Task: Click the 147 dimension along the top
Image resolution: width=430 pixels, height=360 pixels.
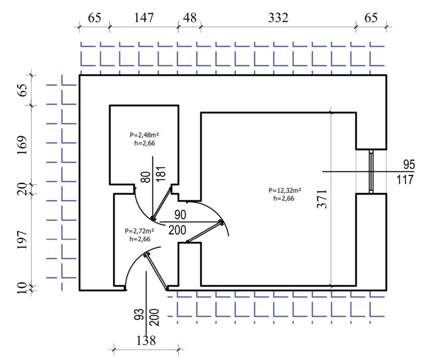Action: click(144, 18)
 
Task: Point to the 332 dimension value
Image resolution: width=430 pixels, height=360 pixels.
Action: click(277, 18)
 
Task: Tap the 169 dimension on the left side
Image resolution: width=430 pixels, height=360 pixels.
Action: click(21, 145)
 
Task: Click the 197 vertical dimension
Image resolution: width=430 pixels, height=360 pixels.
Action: click(21, 240)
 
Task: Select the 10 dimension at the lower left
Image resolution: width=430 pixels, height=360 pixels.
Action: click(21, 287)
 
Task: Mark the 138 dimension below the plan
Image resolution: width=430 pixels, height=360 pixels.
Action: click(146, 341)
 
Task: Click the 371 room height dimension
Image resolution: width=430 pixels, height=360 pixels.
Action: click(323, 199)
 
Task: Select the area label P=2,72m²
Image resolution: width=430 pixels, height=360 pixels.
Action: click(140, 231)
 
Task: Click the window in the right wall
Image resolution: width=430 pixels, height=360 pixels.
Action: click(371, 172)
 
